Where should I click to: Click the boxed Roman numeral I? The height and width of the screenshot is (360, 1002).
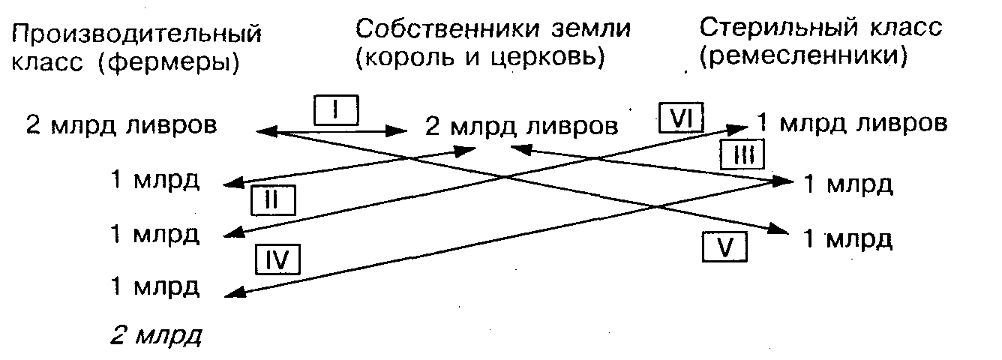click(335, 111)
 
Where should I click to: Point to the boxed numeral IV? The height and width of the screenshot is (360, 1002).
click(277, 259)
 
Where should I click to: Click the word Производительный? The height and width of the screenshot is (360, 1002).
click(137, 34)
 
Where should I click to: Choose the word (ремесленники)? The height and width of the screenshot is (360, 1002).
click(803, 58)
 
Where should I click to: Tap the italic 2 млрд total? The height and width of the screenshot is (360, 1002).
click(156, 334)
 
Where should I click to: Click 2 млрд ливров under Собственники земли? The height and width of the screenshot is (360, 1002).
click(522, 126)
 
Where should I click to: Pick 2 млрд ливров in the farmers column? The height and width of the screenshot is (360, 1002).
click(121, 124)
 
